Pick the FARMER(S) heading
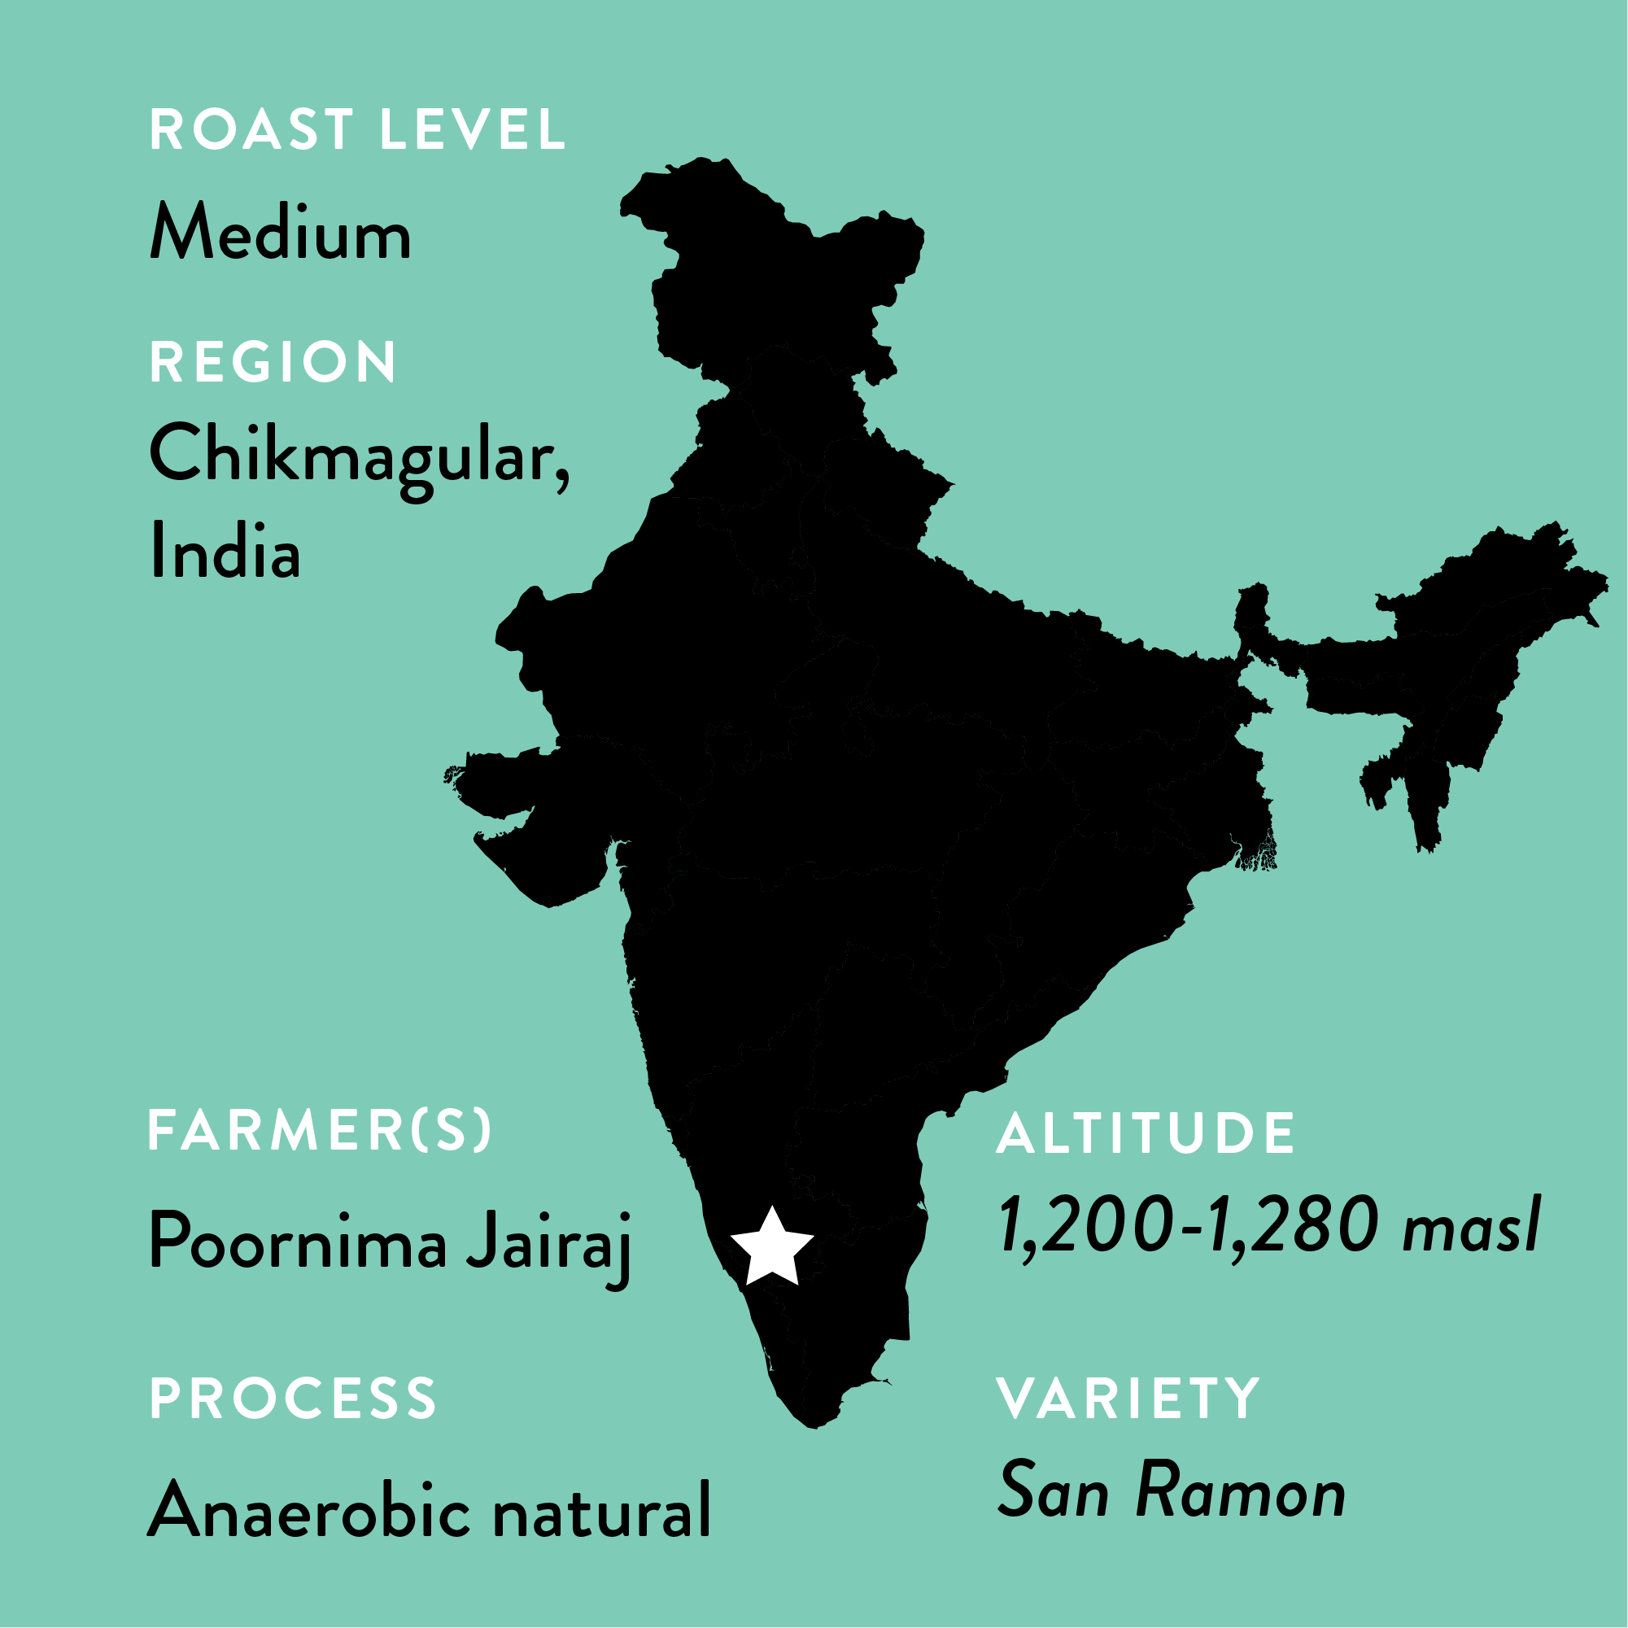320,1130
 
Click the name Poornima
298,1241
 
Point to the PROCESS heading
293,1399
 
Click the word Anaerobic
308,1510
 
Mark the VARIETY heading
1128,1399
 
